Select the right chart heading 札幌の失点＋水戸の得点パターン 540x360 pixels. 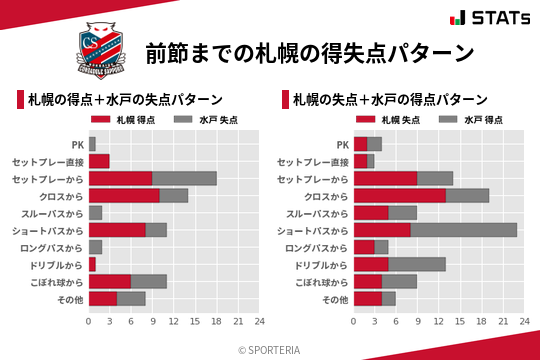391,100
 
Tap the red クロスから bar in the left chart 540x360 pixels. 124,196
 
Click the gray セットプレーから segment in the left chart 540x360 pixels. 184,178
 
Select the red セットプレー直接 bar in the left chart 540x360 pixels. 99,161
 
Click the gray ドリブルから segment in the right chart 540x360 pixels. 417,264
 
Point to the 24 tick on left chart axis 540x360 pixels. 259,321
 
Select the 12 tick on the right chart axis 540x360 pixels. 439,321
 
